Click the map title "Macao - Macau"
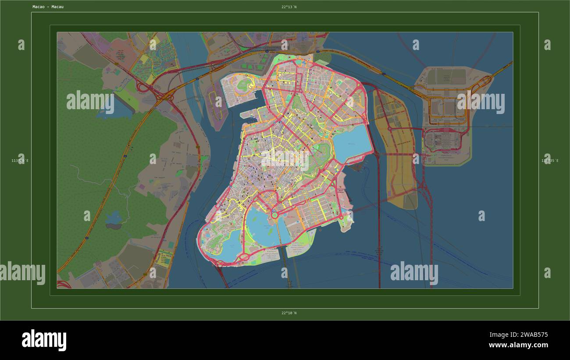tap(48, 7)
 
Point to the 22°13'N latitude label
tap(289, 7)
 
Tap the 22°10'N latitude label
tap(289, 313)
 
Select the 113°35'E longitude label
tap(550, 161)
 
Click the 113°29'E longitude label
tap(20, 161)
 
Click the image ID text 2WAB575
tap(531, 335)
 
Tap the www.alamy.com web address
tap(518, 345)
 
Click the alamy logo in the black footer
tap(44, 341)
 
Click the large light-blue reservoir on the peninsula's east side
tap(352, 143)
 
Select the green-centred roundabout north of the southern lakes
tap(275, 215)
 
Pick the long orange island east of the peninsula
tap(394, 145)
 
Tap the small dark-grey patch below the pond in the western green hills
tap(114, 227)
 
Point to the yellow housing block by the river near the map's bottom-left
tap(164, 259)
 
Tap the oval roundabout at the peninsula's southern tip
tap(244, 257)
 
